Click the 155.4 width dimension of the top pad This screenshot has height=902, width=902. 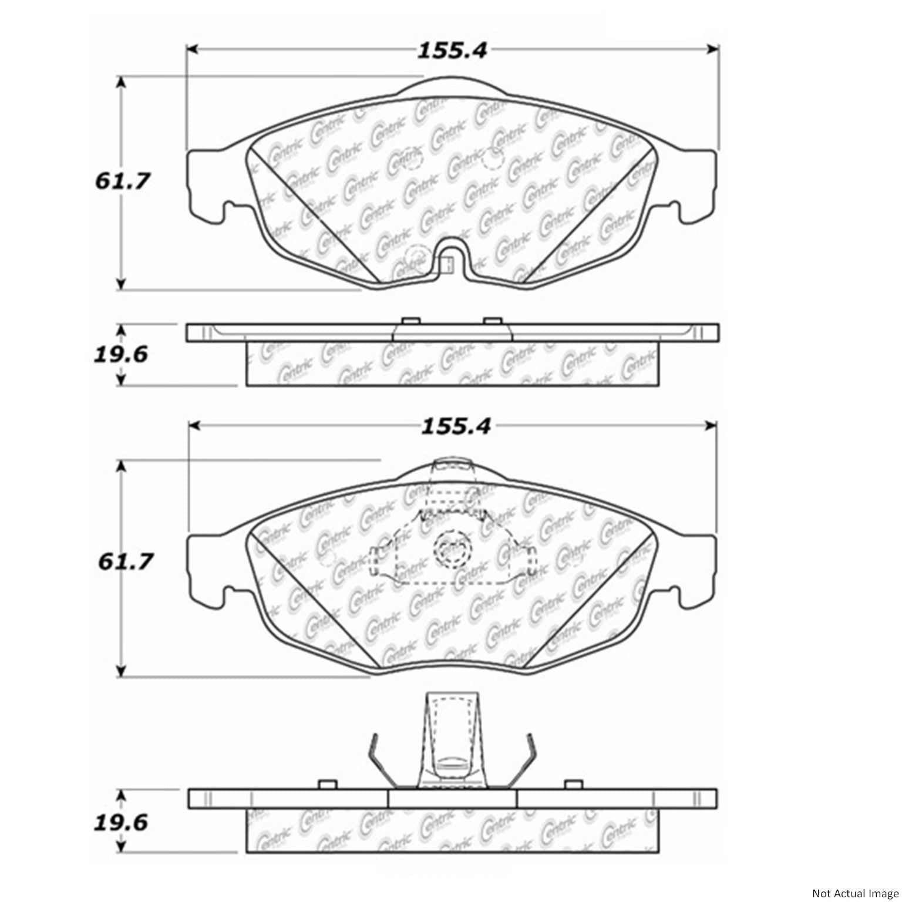click(x=452, y=51)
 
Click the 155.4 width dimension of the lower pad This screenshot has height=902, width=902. click(x=455, y=427)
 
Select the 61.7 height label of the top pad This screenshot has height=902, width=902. click(x=122, y=181)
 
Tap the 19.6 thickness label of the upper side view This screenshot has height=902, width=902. click(x=121, y=355)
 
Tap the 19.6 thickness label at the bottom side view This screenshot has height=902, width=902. click(x=121, y=823)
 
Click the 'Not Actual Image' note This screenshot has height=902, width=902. click(x=854, y=893)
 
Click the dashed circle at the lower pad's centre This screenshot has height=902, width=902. click(x=452, y=550)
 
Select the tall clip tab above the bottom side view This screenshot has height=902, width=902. click(x=452, y=740)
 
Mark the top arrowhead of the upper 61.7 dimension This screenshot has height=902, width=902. click(x=121, y=82)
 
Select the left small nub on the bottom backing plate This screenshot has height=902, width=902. click(x=326, y=785)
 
